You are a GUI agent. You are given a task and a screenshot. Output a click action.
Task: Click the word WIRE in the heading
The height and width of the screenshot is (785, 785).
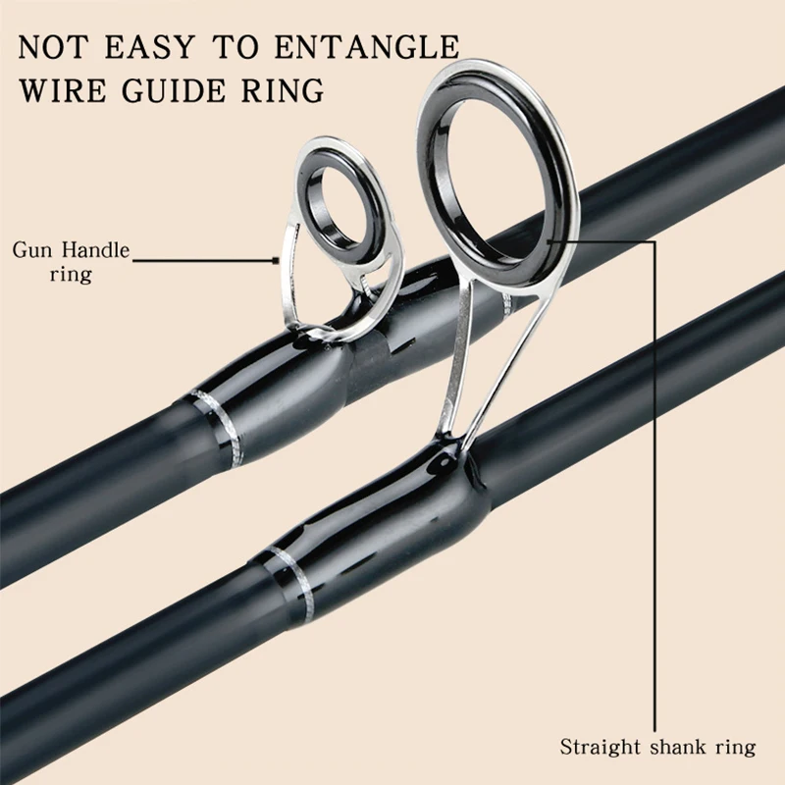59,90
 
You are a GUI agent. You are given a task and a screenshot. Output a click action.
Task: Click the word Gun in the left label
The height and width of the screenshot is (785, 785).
31,250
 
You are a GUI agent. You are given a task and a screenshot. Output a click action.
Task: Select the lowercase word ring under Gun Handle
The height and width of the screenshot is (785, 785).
70,274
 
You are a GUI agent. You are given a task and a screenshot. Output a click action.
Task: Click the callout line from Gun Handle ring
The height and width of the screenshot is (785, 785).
206,261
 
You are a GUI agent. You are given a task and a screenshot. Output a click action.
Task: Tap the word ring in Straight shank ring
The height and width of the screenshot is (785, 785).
737,747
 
